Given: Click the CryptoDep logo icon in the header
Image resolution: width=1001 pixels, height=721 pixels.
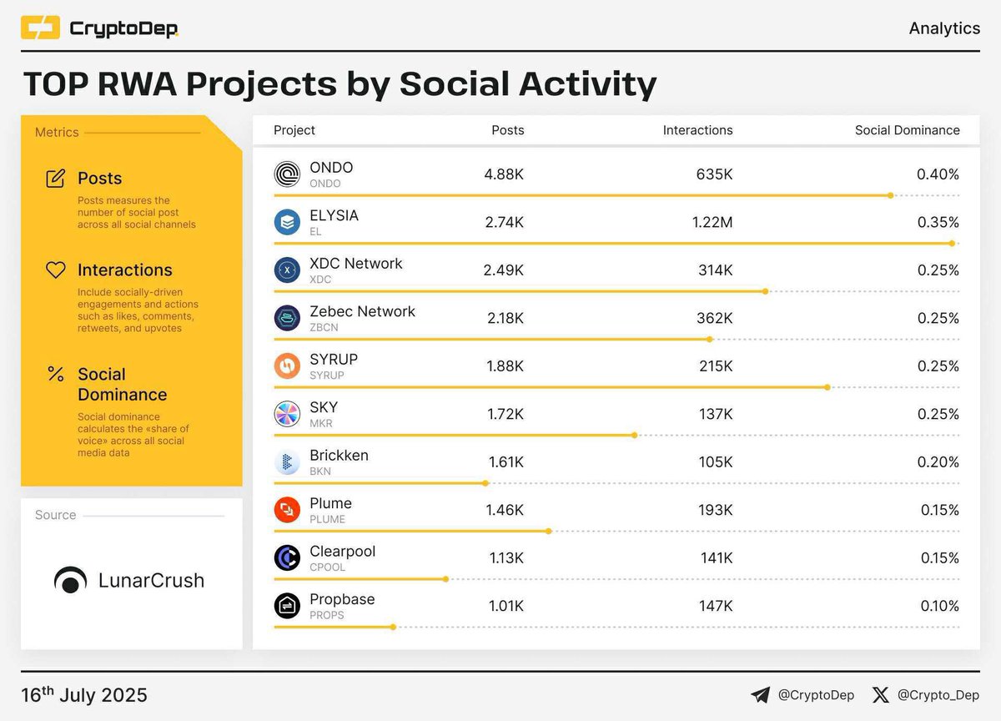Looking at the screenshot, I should pyautogui.click(x=40, y=28).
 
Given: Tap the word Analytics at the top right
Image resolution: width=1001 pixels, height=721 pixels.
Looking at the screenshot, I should pyautogui.click(x=944, y=28).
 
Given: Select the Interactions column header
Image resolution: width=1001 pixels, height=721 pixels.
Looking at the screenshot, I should pyautogui.click(x=697, y=130).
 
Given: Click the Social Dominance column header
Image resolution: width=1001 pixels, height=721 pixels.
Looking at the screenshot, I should pyautogui.click(x=907, y=130).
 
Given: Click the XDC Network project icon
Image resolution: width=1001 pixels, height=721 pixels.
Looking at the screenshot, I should pyautogui.click(x=287, y=270).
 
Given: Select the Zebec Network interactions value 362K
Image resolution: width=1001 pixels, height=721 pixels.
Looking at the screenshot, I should pyautogui.click(x=716, y=318).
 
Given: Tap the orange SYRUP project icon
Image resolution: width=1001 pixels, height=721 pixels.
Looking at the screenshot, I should pyautogui.click(x=287, y=366).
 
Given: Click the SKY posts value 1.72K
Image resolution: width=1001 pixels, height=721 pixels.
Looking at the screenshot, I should pyautogui.click(x=506, y=414).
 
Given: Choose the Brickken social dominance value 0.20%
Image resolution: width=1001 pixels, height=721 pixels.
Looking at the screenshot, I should pyautogui.click(x=939, y=462).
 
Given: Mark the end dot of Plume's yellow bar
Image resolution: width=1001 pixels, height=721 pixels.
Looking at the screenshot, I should pyautogui.click(x=550, y=531).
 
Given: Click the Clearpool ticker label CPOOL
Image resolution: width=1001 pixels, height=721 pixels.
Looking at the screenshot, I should pyautogui.click(x=327, y=567).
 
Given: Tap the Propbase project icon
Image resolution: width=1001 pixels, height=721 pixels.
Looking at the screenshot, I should pyautogui.click(x=287, y=606).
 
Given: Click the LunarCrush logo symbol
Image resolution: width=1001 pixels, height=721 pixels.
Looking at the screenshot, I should pyautogui.click(x=70, y=581).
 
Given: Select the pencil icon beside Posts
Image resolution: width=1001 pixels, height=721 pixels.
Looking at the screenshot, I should pyautogui.click(x=56, y=179).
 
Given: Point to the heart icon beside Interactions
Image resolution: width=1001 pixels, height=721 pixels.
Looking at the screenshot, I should pyautogui.click(x=56, y=270).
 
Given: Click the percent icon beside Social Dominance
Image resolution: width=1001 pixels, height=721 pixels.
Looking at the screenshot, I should pyautogui.click(x=56, y=374).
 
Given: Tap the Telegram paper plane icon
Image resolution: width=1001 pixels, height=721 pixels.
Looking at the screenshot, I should pyautogui.click(x=760, y=694).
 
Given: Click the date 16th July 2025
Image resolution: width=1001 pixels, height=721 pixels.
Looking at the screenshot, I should pyautogui.click(x=84, y=694).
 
